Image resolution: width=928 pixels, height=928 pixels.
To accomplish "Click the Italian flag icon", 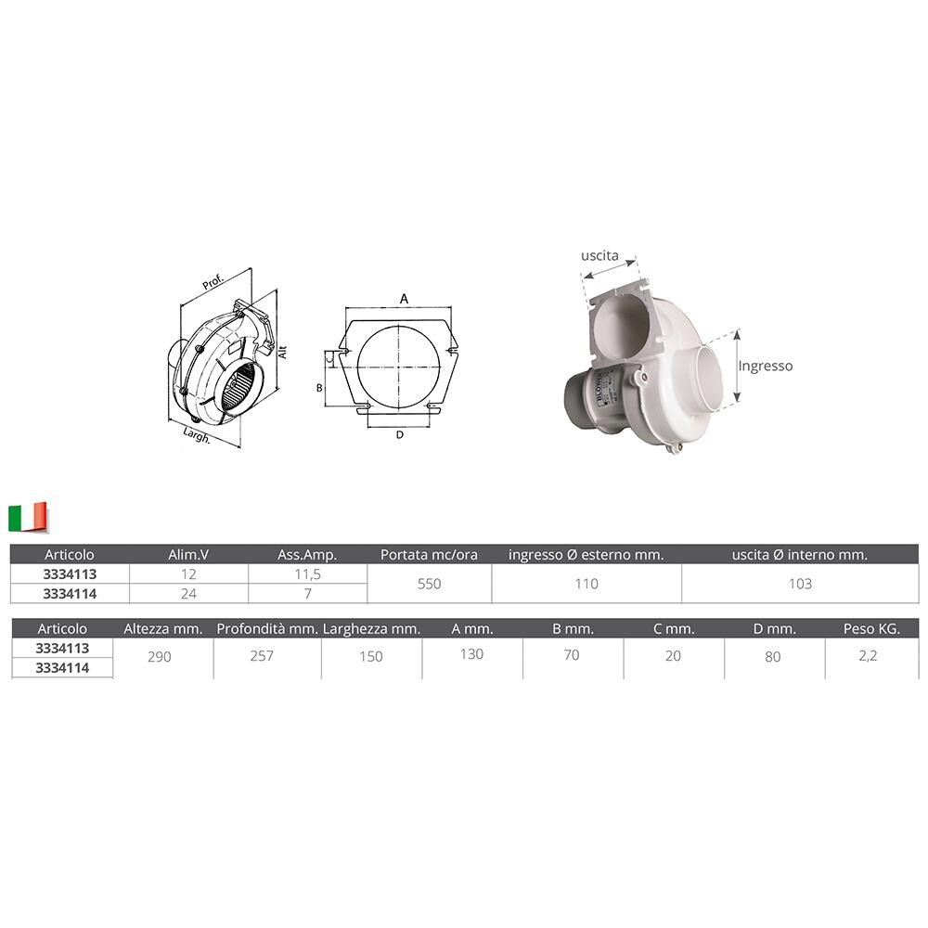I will [28, 517].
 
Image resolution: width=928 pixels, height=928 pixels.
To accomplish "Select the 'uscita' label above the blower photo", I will [599, 254].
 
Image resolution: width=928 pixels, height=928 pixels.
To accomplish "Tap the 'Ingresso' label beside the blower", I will [766, 366].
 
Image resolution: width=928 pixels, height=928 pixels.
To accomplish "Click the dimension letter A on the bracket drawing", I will [404, 298].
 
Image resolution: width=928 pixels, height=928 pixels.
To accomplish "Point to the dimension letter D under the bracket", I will [399, 434].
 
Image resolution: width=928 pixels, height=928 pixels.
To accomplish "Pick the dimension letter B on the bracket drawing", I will [319, 387].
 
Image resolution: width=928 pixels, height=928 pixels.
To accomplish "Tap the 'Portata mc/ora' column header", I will [429, 555].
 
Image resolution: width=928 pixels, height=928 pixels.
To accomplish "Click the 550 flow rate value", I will [429, 584].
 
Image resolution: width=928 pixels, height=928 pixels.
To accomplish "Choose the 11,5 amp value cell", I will [307, 574].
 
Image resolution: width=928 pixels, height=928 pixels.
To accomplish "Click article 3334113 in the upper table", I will [69, 574].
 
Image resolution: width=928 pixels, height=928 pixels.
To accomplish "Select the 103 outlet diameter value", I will [799, 584].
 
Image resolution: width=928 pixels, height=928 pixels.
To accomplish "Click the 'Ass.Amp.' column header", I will [307, 555].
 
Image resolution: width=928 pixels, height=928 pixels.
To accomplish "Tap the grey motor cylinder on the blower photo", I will [586, 406].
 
